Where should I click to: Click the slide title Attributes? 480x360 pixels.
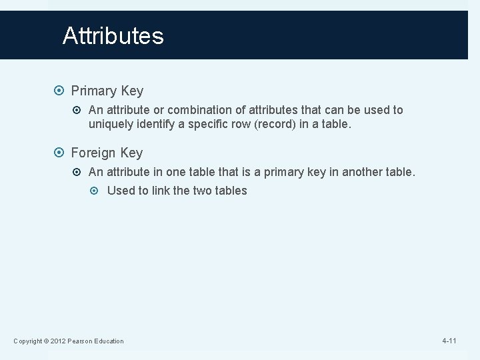(x=113, y=35)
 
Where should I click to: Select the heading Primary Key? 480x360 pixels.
(x=107, y=90)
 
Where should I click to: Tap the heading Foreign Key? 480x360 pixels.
(x=107, y=153)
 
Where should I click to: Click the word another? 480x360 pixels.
(x=362, y=172)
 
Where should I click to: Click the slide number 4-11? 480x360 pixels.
(x=449, y=341)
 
